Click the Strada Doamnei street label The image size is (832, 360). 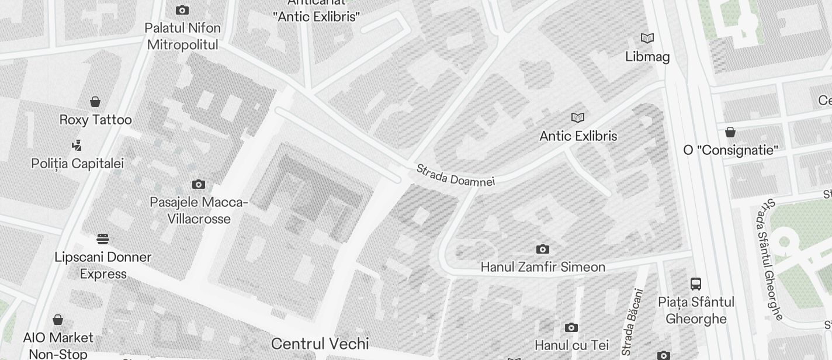coord(455,175)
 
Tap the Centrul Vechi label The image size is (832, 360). coord(320,343)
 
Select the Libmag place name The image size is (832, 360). coord(647,57)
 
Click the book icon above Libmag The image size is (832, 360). coord(647,39)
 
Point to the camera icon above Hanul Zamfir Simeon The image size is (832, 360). coord(543,250)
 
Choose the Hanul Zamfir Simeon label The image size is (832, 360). coord(543,267)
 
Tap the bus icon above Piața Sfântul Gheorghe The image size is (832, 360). coord(696,284)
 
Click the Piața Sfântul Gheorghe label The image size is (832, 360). coord(696,310)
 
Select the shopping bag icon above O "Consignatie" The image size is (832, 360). coord(730,132)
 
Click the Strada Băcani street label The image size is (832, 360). coord(633,322)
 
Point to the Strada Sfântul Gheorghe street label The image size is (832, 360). coord(769,259)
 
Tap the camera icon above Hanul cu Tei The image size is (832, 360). coord(571,328)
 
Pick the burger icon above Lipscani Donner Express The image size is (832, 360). coord(103,239)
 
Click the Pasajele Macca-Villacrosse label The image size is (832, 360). coord(199,210)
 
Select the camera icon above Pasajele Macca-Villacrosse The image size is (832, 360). coord(199,185)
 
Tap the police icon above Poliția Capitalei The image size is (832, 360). coord(77,145)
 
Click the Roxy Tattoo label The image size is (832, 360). coord(95,120)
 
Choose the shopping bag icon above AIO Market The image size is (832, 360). coord(58,320)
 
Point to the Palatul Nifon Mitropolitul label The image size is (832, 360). coord(183,36)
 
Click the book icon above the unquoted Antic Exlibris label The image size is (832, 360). coord(578,118)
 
